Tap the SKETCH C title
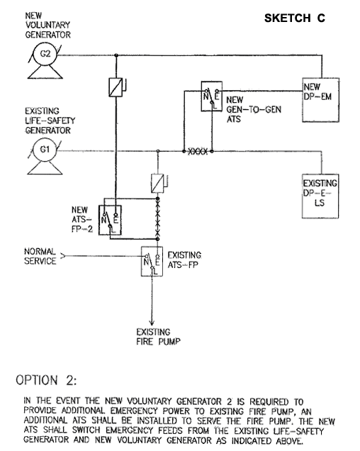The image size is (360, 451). [x=294, y=18]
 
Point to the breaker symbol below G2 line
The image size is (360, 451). [x=116, y=87]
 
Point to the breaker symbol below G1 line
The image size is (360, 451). [x=158, y=183]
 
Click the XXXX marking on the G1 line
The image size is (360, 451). [x=198, y=151]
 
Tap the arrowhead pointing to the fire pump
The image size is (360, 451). [x=152, y=323]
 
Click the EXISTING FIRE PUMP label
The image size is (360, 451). [x=159, y=337]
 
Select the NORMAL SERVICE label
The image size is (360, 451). [x=40, y=256]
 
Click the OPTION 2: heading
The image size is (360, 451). [x=46, y=380]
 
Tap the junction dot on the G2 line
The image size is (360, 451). [x=116, y=55]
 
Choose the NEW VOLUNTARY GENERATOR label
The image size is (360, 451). [x=47, y=25]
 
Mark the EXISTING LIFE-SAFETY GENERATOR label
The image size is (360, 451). [x=50, y=121]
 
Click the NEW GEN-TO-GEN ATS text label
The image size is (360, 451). [x=254, y=109]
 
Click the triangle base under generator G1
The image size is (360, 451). [x=45, y=174]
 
